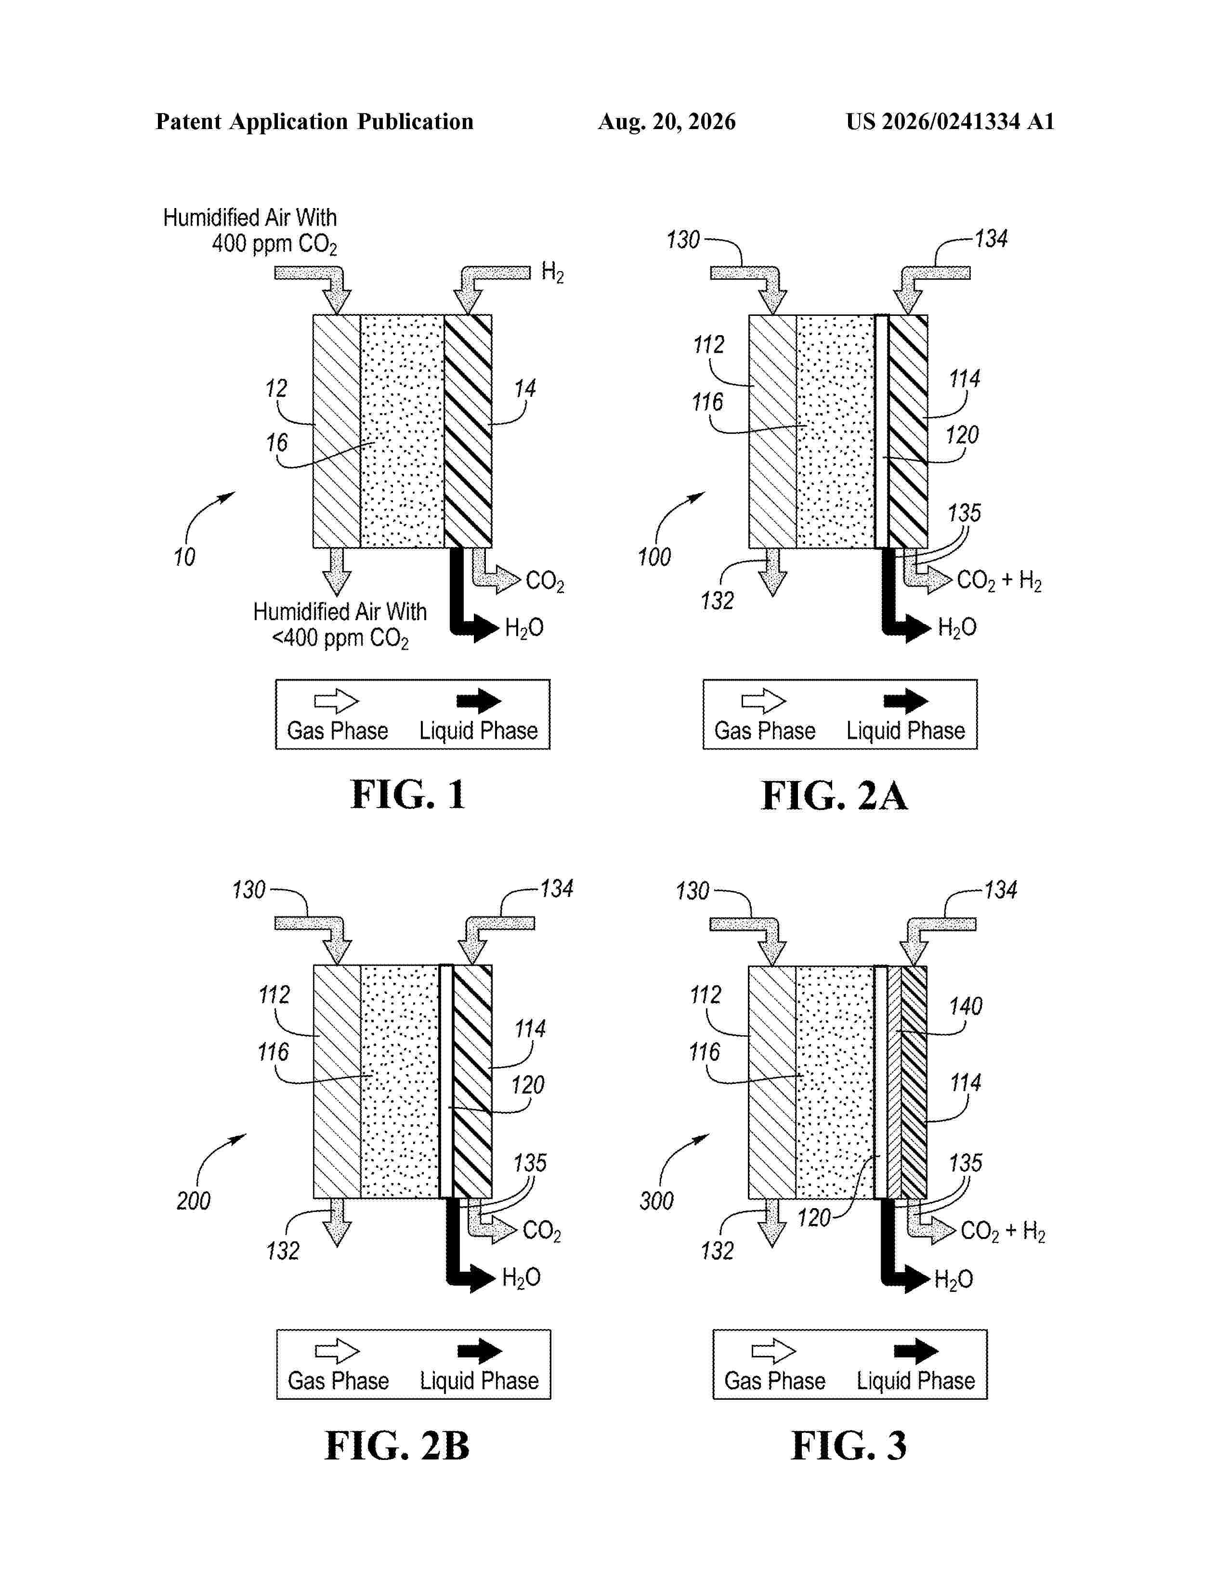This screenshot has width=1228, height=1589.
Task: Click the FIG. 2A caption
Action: click(x=835, y=795)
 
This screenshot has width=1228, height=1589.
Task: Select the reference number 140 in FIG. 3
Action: click(x=966, y=1006)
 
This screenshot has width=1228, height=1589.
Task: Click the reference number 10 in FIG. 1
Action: click(x=184, y=557)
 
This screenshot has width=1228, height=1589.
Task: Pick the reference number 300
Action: click(x=656, y=1200)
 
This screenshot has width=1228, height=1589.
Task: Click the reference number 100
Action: click(x=654, y=557)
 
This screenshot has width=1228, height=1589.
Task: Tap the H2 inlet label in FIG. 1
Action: click(x=552, y=273)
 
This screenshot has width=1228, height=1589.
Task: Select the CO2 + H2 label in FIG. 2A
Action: click(x=999, y=581)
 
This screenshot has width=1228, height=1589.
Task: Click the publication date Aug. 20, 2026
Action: click(x=666, y=121)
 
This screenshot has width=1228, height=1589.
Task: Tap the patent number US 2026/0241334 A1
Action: click(x=950, y=121)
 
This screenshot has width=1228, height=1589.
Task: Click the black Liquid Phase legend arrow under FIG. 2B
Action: click(x=480, y=1352)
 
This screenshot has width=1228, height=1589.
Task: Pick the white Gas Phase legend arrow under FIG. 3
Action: click(x=774, y=1352)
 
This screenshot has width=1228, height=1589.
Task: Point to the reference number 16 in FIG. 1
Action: click(x=276, y=443)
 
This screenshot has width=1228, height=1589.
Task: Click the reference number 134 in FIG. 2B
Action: click(x=557, y=888)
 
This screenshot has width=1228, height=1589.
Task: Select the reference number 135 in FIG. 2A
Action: click(x=964, y=513)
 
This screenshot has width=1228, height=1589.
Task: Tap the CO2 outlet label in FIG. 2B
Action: click(x=542, y=1231)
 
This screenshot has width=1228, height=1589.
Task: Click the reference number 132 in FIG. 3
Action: click(x=718, y=1250)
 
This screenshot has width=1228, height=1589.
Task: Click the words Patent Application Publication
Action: click(x=314, y=121)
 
